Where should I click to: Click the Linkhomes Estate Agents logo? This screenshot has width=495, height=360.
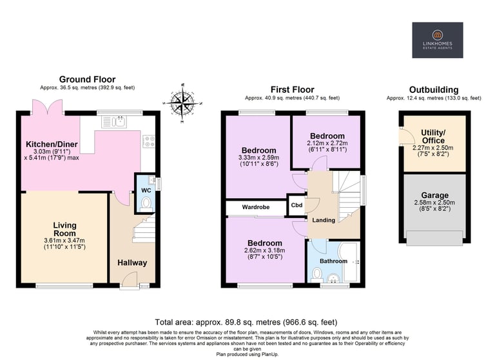pyautogui.click(x=438, y=40)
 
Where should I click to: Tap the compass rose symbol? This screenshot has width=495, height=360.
pyautogui.click(x=182, y=103)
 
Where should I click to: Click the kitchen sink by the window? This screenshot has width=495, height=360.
pyautogui.click(x=114, y=122)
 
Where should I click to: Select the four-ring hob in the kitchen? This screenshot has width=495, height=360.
pyautogui.click(x=149, y=141)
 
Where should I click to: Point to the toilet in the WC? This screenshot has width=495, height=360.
pyautogui.click(x=146, y=204)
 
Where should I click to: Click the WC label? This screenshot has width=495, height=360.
pyautogui.click(x=146, y=190)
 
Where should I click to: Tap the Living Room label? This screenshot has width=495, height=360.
pyautogui.click(x=64, y=230)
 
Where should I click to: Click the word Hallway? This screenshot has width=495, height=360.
pyautogui.click(x=132, y=263)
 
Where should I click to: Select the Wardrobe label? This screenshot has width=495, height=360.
pyautogui.click(x=256, y=207)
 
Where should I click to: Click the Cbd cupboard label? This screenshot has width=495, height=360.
pyautogui.click(x=296, y=205)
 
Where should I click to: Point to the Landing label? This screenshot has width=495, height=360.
pyautogui.click(x=324, y=220)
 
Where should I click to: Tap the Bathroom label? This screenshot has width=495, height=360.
pyautogui.click(x=333, y=261)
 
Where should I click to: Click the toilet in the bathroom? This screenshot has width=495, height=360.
pyautogui.click(x=316, y=275)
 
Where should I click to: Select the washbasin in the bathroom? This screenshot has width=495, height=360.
pyautogui.click(x=333, y=278)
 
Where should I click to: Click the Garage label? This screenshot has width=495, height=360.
pyautogui.click(x=434, y=195)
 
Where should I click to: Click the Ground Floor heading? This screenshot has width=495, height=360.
pyautogui.click(x=87, y=79)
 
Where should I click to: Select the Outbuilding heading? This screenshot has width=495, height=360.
pyautogui.click(x=434, y=90)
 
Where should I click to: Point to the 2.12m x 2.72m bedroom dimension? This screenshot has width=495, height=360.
pyautogui.click(x=327, y=143)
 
